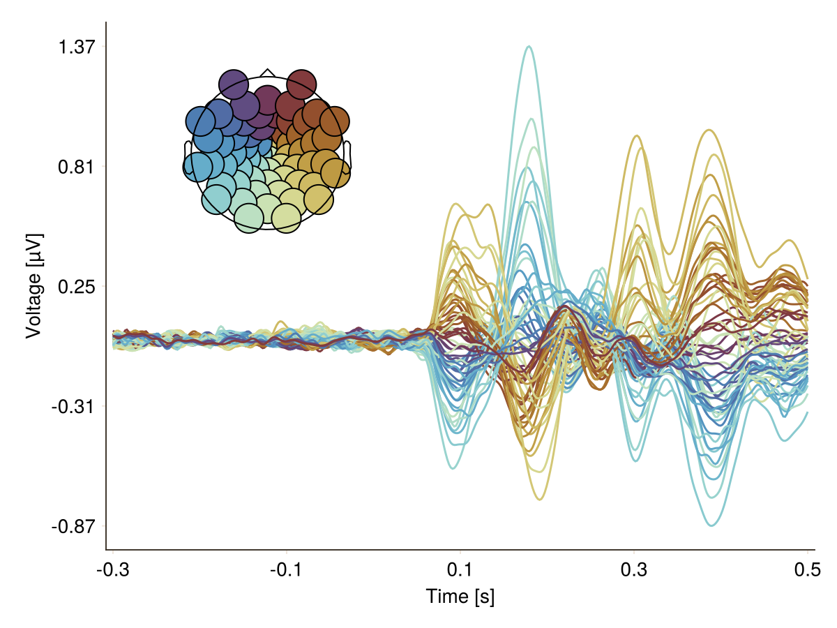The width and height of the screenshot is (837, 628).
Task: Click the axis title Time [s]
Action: (460, 597)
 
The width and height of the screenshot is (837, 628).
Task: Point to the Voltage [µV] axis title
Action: (33, 286)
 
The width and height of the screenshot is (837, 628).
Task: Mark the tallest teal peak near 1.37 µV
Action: (529, 47)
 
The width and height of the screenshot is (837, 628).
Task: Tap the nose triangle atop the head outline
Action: (267, 73)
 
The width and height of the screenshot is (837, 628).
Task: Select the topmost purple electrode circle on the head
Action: (234, 84)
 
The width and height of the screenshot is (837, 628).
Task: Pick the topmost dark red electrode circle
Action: (301, 84)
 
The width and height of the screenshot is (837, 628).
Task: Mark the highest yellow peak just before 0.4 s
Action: (709, 130)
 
